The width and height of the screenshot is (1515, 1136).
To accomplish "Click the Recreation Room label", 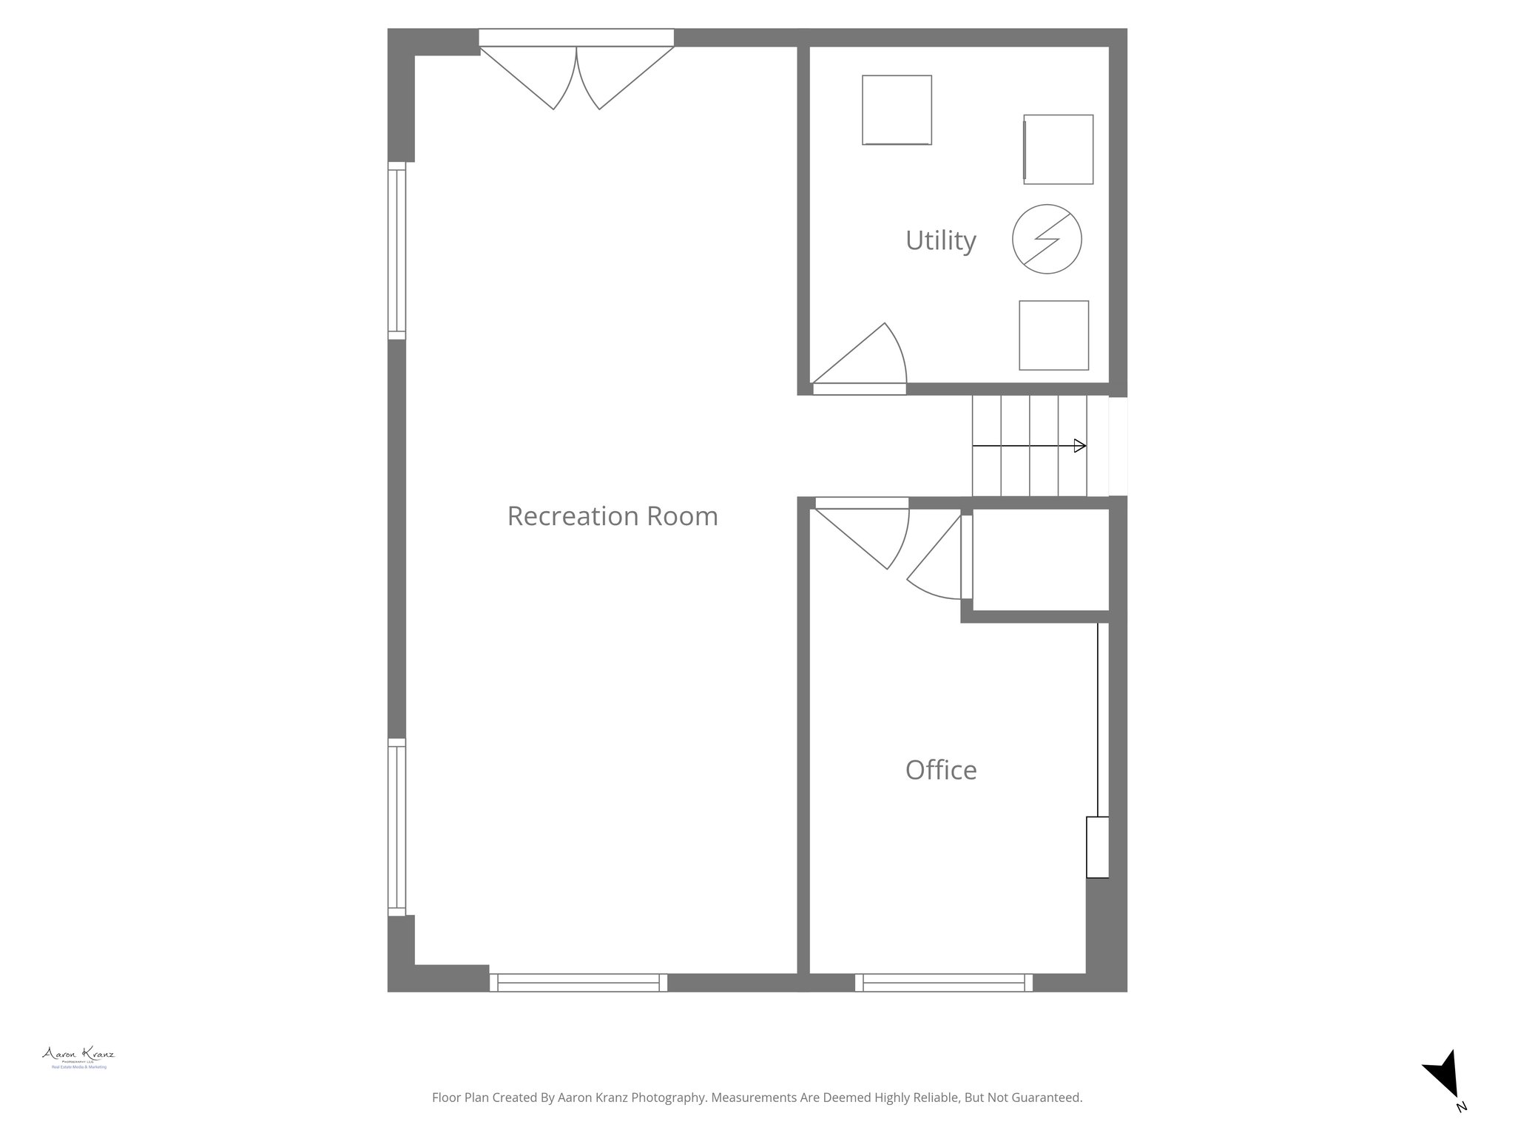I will coord(612,516).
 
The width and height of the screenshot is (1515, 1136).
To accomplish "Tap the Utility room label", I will coord(940,240).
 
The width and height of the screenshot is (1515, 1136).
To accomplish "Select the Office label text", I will coord(940,771).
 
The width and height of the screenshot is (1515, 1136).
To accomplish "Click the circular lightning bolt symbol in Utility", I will coord(1047,239).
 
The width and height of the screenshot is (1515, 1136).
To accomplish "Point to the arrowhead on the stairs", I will coord(1080,446).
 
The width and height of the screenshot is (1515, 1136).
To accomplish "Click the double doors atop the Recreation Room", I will coord(576,74).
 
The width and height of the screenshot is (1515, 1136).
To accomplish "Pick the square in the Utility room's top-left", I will coord(897,110).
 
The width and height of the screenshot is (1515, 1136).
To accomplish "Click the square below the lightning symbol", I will coord(1053,335).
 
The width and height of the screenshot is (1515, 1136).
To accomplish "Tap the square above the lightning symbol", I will coord(1058,149).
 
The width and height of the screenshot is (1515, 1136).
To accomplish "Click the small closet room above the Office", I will coord(1040,559).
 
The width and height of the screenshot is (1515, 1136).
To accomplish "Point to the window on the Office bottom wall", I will coord(944,982).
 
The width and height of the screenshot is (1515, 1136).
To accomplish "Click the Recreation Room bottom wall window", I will coord(578,982).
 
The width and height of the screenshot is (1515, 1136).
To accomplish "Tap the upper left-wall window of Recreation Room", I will coord(397,251).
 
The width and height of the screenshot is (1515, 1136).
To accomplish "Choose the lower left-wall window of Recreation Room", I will coord(397,827).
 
